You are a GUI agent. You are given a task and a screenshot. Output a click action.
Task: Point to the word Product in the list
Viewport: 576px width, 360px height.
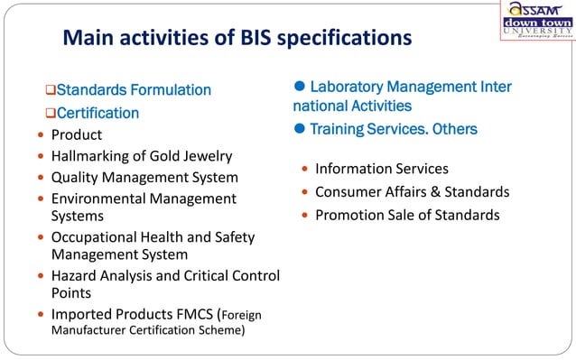point(76,135)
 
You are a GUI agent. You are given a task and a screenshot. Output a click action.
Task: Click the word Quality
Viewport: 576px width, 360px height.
point(78,178)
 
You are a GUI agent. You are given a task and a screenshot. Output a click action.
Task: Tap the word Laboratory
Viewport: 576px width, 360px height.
point(348,88)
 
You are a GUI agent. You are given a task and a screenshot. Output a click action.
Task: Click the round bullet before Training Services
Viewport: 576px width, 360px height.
point(300,129)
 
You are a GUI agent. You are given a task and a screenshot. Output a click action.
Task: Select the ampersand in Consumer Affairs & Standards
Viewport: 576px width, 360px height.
point(435,192)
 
